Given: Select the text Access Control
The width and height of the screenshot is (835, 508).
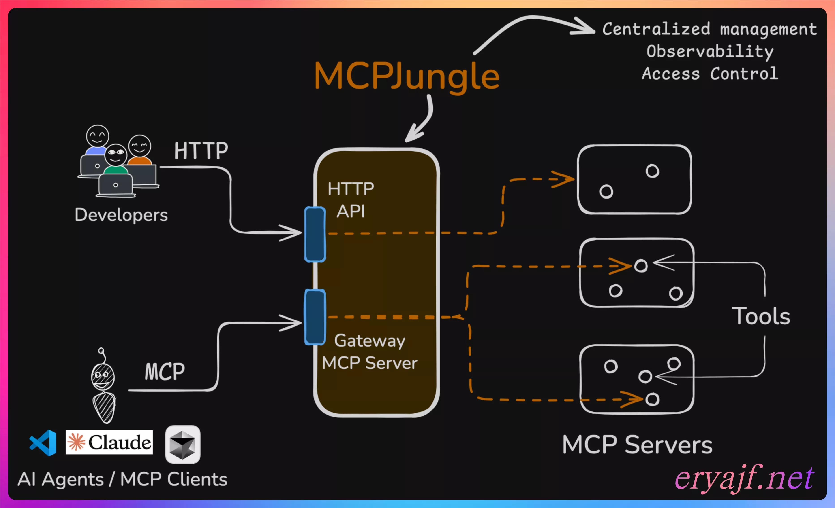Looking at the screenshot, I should pos(710,74).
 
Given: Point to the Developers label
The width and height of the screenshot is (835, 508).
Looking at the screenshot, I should pos(121,215).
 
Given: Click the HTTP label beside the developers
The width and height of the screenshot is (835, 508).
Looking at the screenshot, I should pos(201,151).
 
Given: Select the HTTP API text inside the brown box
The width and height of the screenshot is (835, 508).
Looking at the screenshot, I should pos(351,200).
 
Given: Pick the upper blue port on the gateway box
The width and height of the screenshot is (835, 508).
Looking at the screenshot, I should pos(315,234).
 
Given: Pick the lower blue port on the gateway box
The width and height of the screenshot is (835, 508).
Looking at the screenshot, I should pos(315,317).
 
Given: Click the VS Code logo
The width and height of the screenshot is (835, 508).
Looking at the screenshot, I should pos(43,443).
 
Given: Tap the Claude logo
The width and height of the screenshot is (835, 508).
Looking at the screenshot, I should pos(109,442).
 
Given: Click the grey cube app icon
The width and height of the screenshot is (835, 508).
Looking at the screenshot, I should pos(183,444).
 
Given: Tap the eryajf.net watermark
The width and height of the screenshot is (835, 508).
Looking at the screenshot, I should pos(744,478).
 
